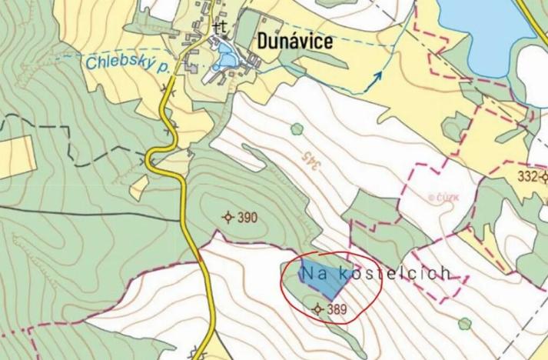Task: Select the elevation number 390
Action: click(247, 218)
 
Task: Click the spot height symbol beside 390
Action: click(228, 218)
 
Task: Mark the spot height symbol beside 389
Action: click(318, 309)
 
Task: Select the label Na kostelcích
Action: click(374, 273)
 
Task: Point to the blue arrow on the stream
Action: click(377, 75)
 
